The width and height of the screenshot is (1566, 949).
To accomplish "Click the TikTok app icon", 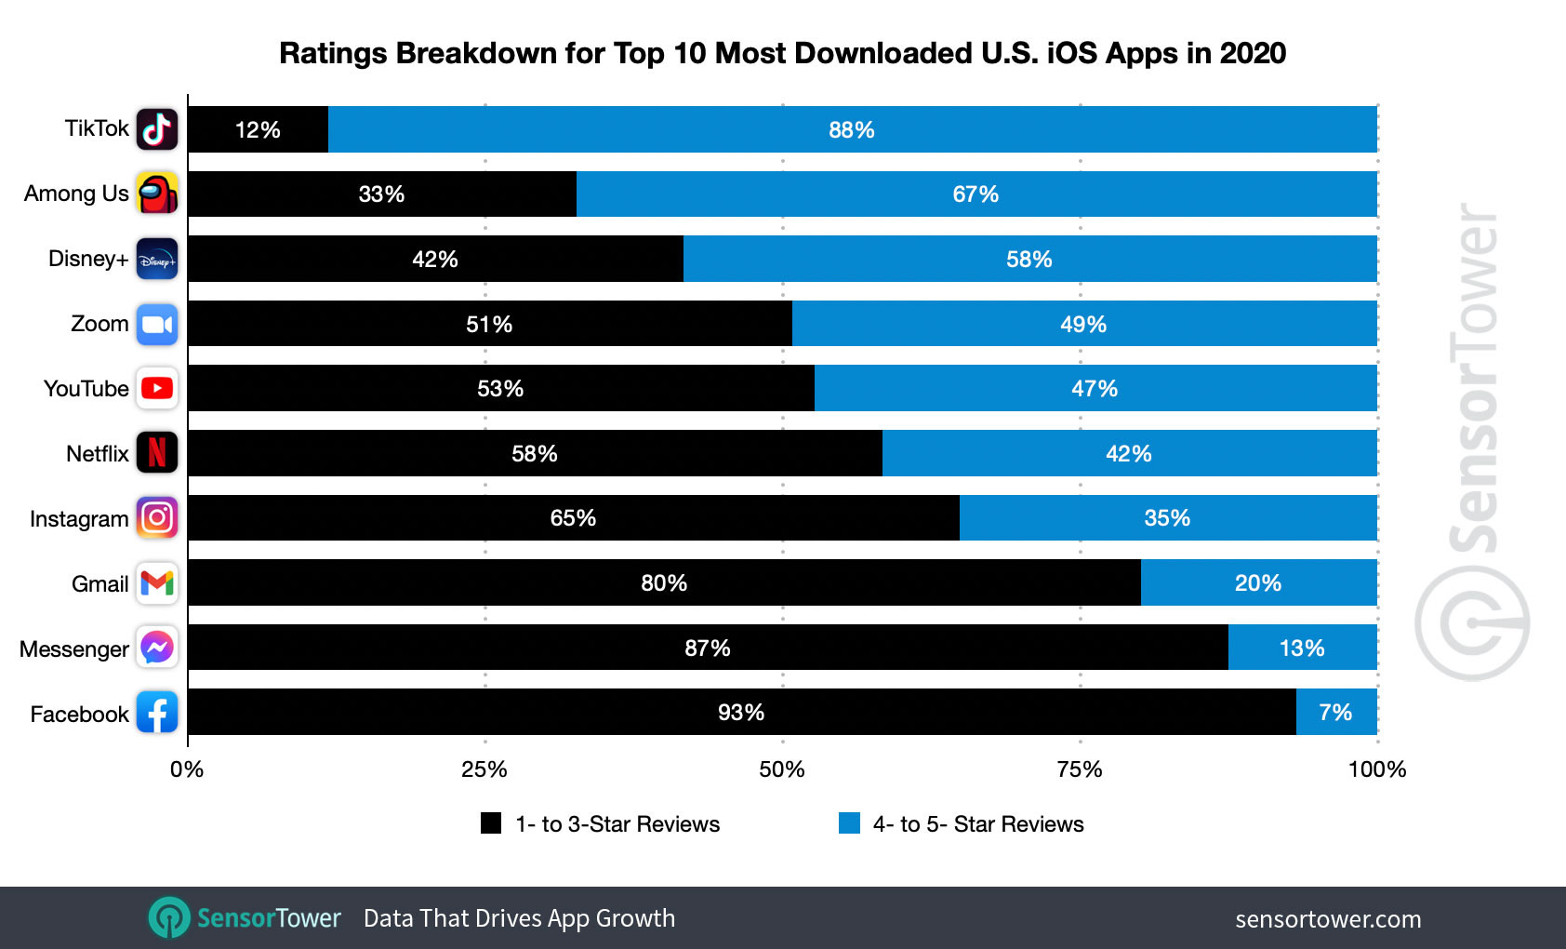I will point(157,129).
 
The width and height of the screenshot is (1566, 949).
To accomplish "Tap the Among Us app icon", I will point(157,194).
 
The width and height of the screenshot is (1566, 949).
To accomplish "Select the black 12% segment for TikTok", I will point(258,129).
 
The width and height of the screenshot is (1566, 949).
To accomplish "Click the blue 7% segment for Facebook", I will point(1335,712).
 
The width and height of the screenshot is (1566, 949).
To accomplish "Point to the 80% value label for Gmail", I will point(664,583).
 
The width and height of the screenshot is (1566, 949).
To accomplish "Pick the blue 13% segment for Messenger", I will point(1302,648).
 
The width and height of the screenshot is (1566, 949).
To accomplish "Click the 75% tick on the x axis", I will point(1080,769).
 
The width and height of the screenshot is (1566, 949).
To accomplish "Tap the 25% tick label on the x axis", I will point(484,769).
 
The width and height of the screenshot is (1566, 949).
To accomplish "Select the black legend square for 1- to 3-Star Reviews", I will point(491,823).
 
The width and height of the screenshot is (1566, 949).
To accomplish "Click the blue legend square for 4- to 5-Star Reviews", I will point(849,823).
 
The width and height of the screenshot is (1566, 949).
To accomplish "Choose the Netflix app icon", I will point(157,453).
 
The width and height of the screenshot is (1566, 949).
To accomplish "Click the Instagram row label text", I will point(79,519).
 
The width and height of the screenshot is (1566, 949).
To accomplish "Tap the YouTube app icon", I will point(157,388).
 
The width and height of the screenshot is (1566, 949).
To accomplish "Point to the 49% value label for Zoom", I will point(1083,325).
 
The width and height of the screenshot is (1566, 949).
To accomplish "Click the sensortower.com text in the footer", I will point(1328,919).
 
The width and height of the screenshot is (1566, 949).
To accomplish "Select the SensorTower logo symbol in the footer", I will point(169,918).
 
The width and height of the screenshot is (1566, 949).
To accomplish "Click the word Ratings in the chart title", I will point(334,54).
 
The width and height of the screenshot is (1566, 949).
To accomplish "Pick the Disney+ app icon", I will point(157,260).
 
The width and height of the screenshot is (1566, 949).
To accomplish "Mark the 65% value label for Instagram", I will point(573,518).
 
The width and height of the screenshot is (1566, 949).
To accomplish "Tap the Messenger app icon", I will point(157,648).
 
